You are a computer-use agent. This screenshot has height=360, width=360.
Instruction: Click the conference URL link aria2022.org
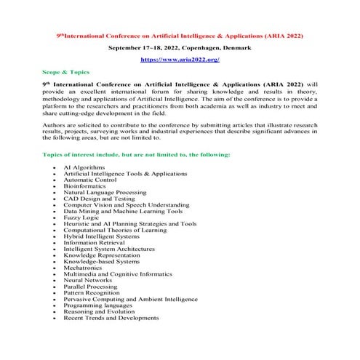pos(180,59)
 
